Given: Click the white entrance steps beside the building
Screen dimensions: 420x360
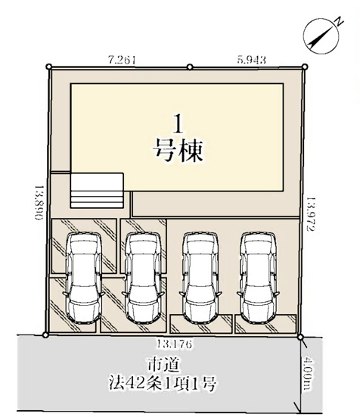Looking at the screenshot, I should (96, 189).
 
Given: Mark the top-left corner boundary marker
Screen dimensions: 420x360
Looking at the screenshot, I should (49, 67).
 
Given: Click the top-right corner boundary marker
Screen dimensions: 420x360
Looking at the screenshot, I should (306, 67).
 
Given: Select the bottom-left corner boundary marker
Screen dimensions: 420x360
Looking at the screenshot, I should (45, 334).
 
